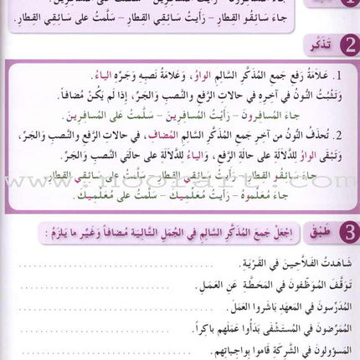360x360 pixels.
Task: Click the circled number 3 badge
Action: (342, 228)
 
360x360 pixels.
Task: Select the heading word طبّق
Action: (311, 229)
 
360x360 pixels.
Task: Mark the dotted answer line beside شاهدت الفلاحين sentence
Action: (100, 266)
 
